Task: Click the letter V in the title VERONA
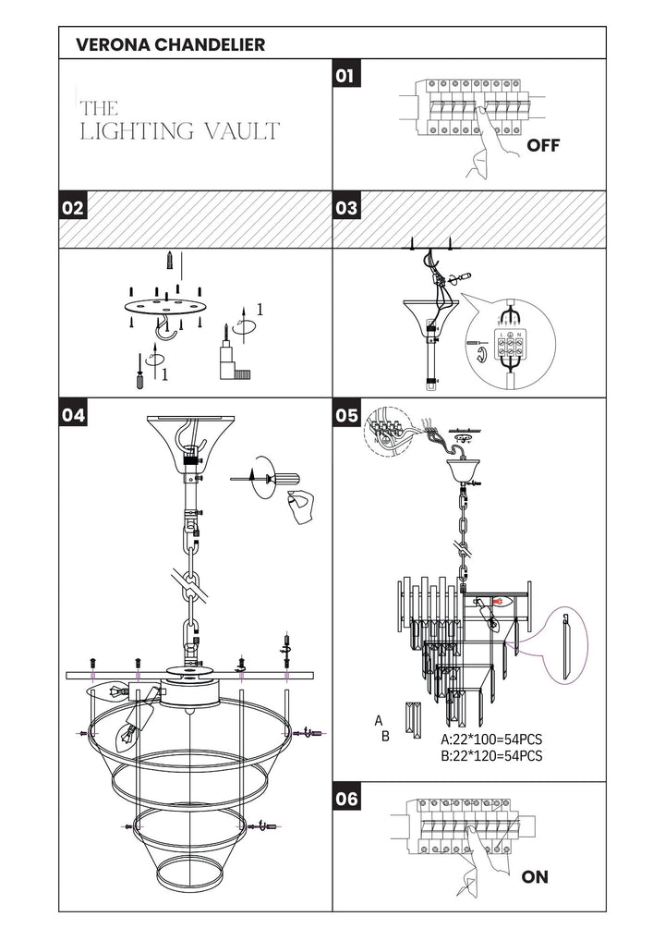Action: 83,44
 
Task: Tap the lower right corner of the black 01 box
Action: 361,87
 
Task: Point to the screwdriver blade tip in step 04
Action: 231,480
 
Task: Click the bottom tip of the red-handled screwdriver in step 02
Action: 140,387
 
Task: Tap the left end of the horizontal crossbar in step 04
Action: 66,676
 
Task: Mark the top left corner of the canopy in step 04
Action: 148,417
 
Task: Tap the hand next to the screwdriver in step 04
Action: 301,507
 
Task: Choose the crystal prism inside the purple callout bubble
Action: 566,646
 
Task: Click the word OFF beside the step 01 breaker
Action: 543,145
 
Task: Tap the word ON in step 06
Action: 535,877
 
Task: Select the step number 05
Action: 346,415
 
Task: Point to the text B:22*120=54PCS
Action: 491,755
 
